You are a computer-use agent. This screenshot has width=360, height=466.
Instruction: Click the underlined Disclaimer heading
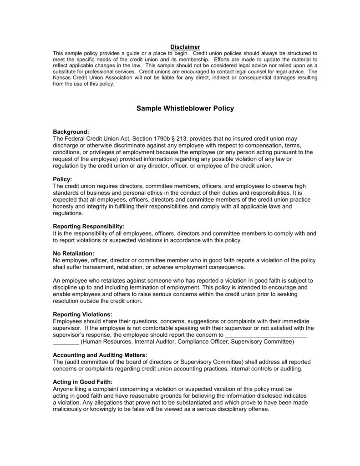[185, 47]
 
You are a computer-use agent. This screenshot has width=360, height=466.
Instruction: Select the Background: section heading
[71, 132]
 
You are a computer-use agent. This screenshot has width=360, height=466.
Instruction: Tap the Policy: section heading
[63, 179]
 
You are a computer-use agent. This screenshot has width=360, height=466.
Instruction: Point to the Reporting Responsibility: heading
[88, 226]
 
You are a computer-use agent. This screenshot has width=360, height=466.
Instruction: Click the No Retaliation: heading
[74, 253]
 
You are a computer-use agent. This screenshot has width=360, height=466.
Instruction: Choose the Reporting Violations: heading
[82, 314]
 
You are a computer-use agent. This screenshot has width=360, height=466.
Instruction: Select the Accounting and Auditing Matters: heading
[100, 355]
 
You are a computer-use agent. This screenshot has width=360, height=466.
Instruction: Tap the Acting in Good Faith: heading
[83, 382]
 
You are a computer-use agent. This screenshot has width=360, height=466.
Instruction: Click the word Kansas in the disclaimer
[62, 78]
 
